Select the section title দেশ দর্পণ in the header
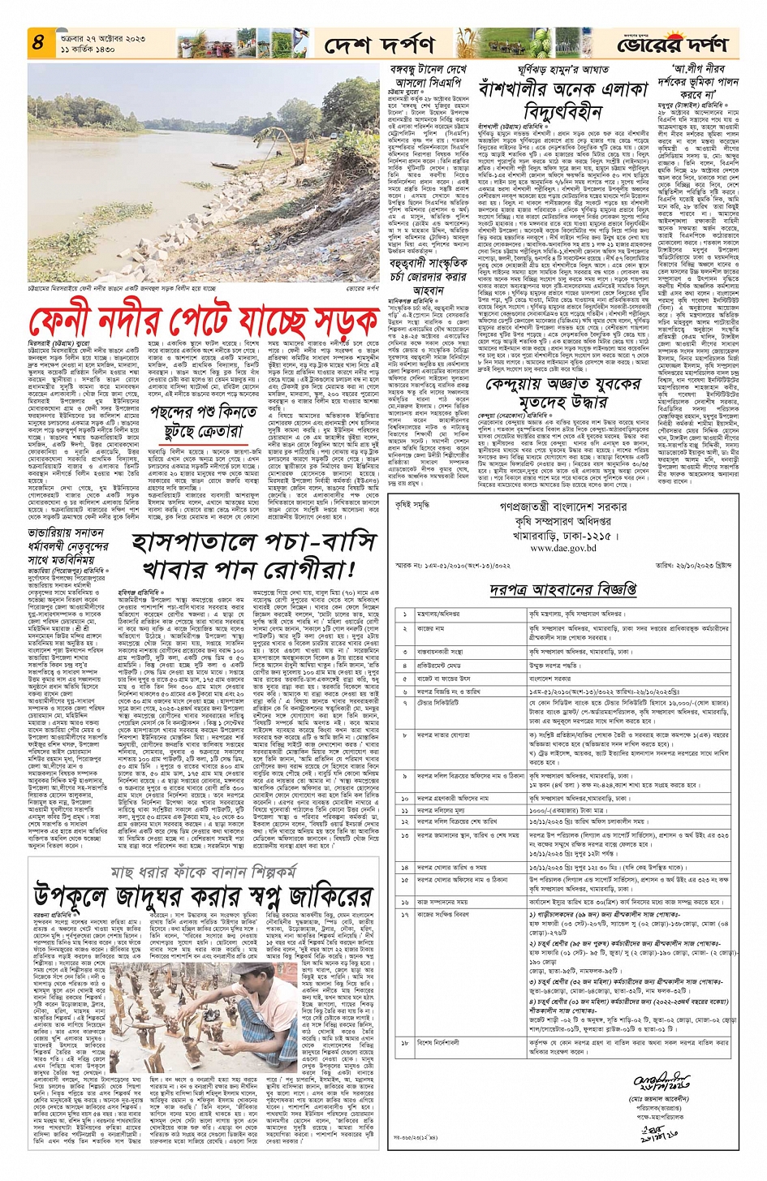(378, 45)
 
